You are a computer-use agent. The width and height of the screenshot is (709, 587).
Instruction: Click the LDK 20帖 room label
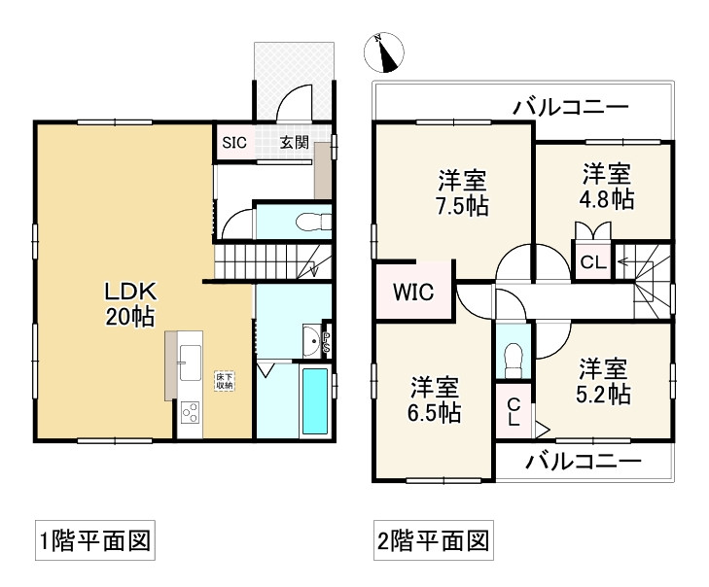pyautogui.click(x=130, y=303)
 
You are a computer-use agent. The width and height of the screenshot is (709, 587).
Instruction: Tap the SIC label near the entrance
pyautogui.click(x=234, y=143)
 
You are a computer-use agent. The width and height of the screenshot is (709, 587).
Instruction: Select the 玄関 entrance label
pyautogui.click(x=295, y=142)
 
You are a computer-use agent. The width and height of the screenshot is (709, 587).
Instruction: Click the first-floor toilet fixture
pyautogui.click(x=313, y=222)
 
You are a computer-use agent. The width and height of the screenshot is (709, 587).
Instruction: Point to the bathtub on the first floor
pyautogui.click(x=315, y=401)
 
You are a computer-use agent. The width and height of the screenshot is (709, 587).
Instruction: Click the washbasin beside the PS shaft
pyautogui.click(x=311, y=341)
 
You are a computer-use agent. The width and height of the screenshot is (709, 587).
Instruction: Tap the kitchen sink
pyautogui.click(x=190, y=363)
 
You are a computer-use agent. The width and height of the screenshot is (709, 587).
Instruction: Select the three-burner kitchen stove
pyautogui.click(x=190, y=412)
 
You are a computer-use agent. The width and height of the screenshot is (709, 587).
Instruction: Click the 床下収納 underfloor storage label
pyautogui.click(x=225, y=381)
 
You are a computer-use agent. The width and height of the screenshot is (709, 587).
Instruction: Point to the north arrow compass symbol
pyautogui.click(x=384, y=52)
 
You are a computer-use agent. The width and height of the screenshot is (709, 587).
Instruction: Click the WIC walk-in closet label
pyautogui.click(x=413, y=292)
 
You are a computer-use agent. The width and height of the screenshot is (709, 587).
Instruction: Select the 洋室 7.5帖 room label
pyautogui.click(x=462, y=193)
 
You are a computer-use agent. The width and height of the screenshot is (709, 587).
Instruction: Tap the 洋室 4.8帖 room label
pyautogui.click(x=606, y=187)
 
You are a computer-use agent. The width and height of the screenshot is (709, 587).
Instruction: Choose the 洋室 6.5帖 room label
pyautogui.click(x=435, y=400)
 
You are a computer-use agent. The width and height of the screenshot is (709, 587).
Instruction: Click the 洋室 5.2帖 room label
pyautogui.click(x=603, y=381)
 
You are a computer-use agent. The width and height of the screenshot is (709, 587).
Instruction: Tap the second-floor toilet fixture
pyautogui.click(x=513, y=361)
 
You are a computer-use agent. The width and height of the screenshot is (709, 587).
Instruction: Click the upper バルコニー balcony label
pyautogui.click(x=571, y=107)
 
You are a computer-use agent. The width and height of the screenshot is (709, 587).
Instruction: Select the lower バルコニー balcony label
pyautogui.click(x=584, y=462)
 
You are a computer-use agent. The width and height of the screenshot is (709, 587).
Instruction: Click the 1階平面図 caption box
pyautogui.click(x=95, y=540)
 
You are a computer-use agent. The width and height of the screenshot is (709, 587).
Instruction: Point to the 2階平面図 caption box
pyautogui.click(x=433, y=540)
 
